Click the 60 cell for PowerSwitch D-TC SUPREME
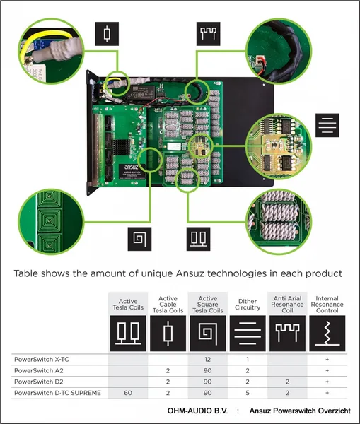click(128, 393)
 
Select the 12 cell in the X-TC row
click(208, 360)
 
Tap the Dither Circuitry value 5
click(248, 393)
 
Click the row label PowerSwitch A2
click(39, 370)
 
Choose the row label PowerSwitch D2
click(39, 382)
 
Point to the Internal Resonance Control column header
click(327, 305)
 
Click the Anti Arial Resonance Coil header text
click(287, 305)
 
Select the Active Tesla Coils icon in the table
click(128, 333)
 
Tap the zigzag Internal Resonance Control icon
click(327, 333)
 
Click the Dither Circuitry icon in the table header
click(248, 333)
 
